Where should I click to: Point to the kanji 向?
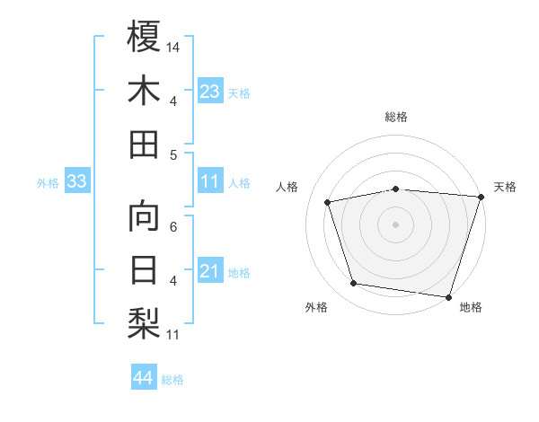click(x=144, y=216)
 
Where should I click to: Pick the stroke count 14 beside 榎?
click(x=174, y=46)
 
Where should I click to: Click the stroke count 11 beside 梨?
click(x=173, y=336)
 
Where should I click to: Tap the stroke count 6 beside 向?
click(x=173, y=226)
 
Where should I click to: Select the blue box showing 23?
click(x=210, y=91)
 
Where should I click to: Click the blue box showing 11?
click(x=210, y=181)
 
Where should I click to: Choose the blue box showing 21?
click(x=210, y=271)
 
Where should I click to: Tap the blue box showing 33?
click(x=76, y=181)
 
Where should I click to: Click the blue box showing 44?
click(x=143, y=378)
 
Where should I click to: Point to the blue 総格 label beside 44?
click(x=172, y=380)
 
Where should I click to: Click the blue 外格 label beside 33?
click(x=48, y=183)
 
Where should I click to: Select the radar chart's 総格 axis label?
click(x=396, y=117)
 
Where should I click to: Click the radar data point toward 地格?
click(x=448, y=296)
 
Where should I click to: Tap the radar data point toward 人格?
click(x=328, y=202)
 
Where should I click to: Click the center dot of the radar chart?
click(x=396, y=224)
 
